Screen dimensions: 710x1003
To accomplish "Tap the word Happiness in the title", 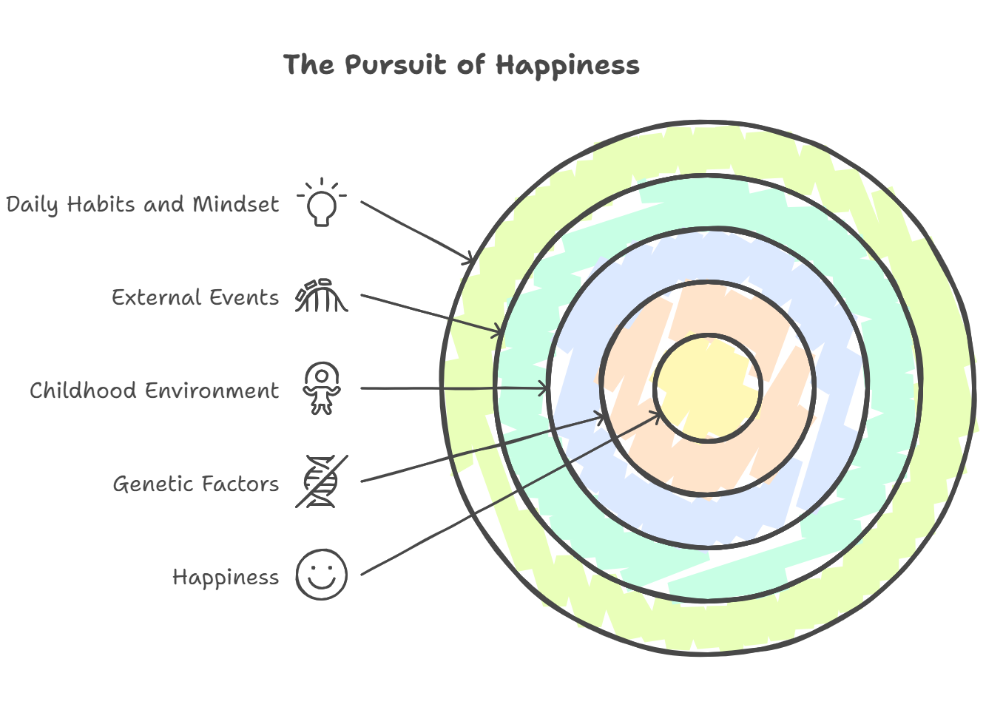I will tap(567, 65).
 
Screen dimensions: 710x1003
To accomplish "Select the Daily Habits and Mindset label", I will tap(143, 204).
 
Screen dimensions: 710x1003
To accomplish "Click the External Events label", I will tap(195, 297).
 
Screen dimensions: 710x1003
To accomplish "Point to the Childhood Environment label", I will tap(154, 390).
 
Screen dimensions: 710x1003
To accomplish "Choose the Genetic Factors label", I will tap(195, 484).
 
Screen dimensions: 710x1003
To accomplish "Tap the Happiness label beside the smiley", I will tap(226, 577).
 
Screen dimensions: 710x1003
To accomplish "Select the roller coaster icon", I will tap(321, 296).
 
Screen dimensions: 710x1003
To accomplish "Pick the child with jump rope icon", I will tap(321, 389).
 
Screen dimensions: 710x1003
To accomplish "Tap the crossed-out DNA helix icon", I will tap(321, 482).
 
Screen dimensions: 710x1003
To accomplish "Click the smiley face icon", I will tap(321, 575).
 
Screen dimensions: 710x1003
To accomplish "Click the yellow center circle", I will tap(708, 388).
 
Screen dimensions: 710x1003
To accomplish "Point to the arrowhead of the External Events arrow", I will tap(498, 331).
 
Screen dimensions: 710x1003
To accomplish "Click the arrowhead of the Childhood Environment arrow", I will tap(544, 388).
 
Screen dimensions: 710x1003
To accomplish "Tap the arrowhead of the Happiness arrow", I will tap(658, 414).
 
